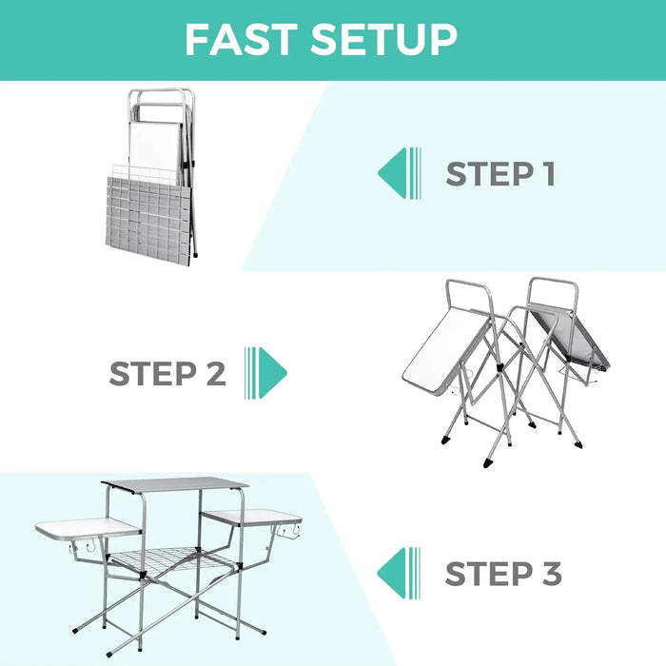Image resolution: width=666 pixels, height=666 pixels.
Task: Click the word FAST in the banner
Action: pos(243,40)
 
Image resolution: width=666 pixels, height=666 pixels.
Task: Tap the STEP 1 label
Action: pos(500,174)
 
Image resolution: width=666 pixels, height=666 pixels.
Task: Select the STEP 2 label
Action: pos(167,374)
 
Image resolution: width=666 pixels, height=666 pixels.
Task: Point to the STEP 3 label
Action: pos(503,575)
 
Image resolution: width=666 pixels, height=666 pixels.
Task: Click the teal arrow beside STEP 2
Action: pos(265,372)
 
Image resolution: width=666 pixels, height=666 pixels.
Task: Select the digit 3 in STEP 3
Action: pos(550,575)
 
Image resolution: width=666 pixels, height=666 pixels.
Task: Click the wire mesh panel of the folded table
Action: pos(147,214)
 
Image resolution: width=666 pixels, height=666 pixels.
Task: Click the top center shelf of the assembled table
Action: pos(176,484)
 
